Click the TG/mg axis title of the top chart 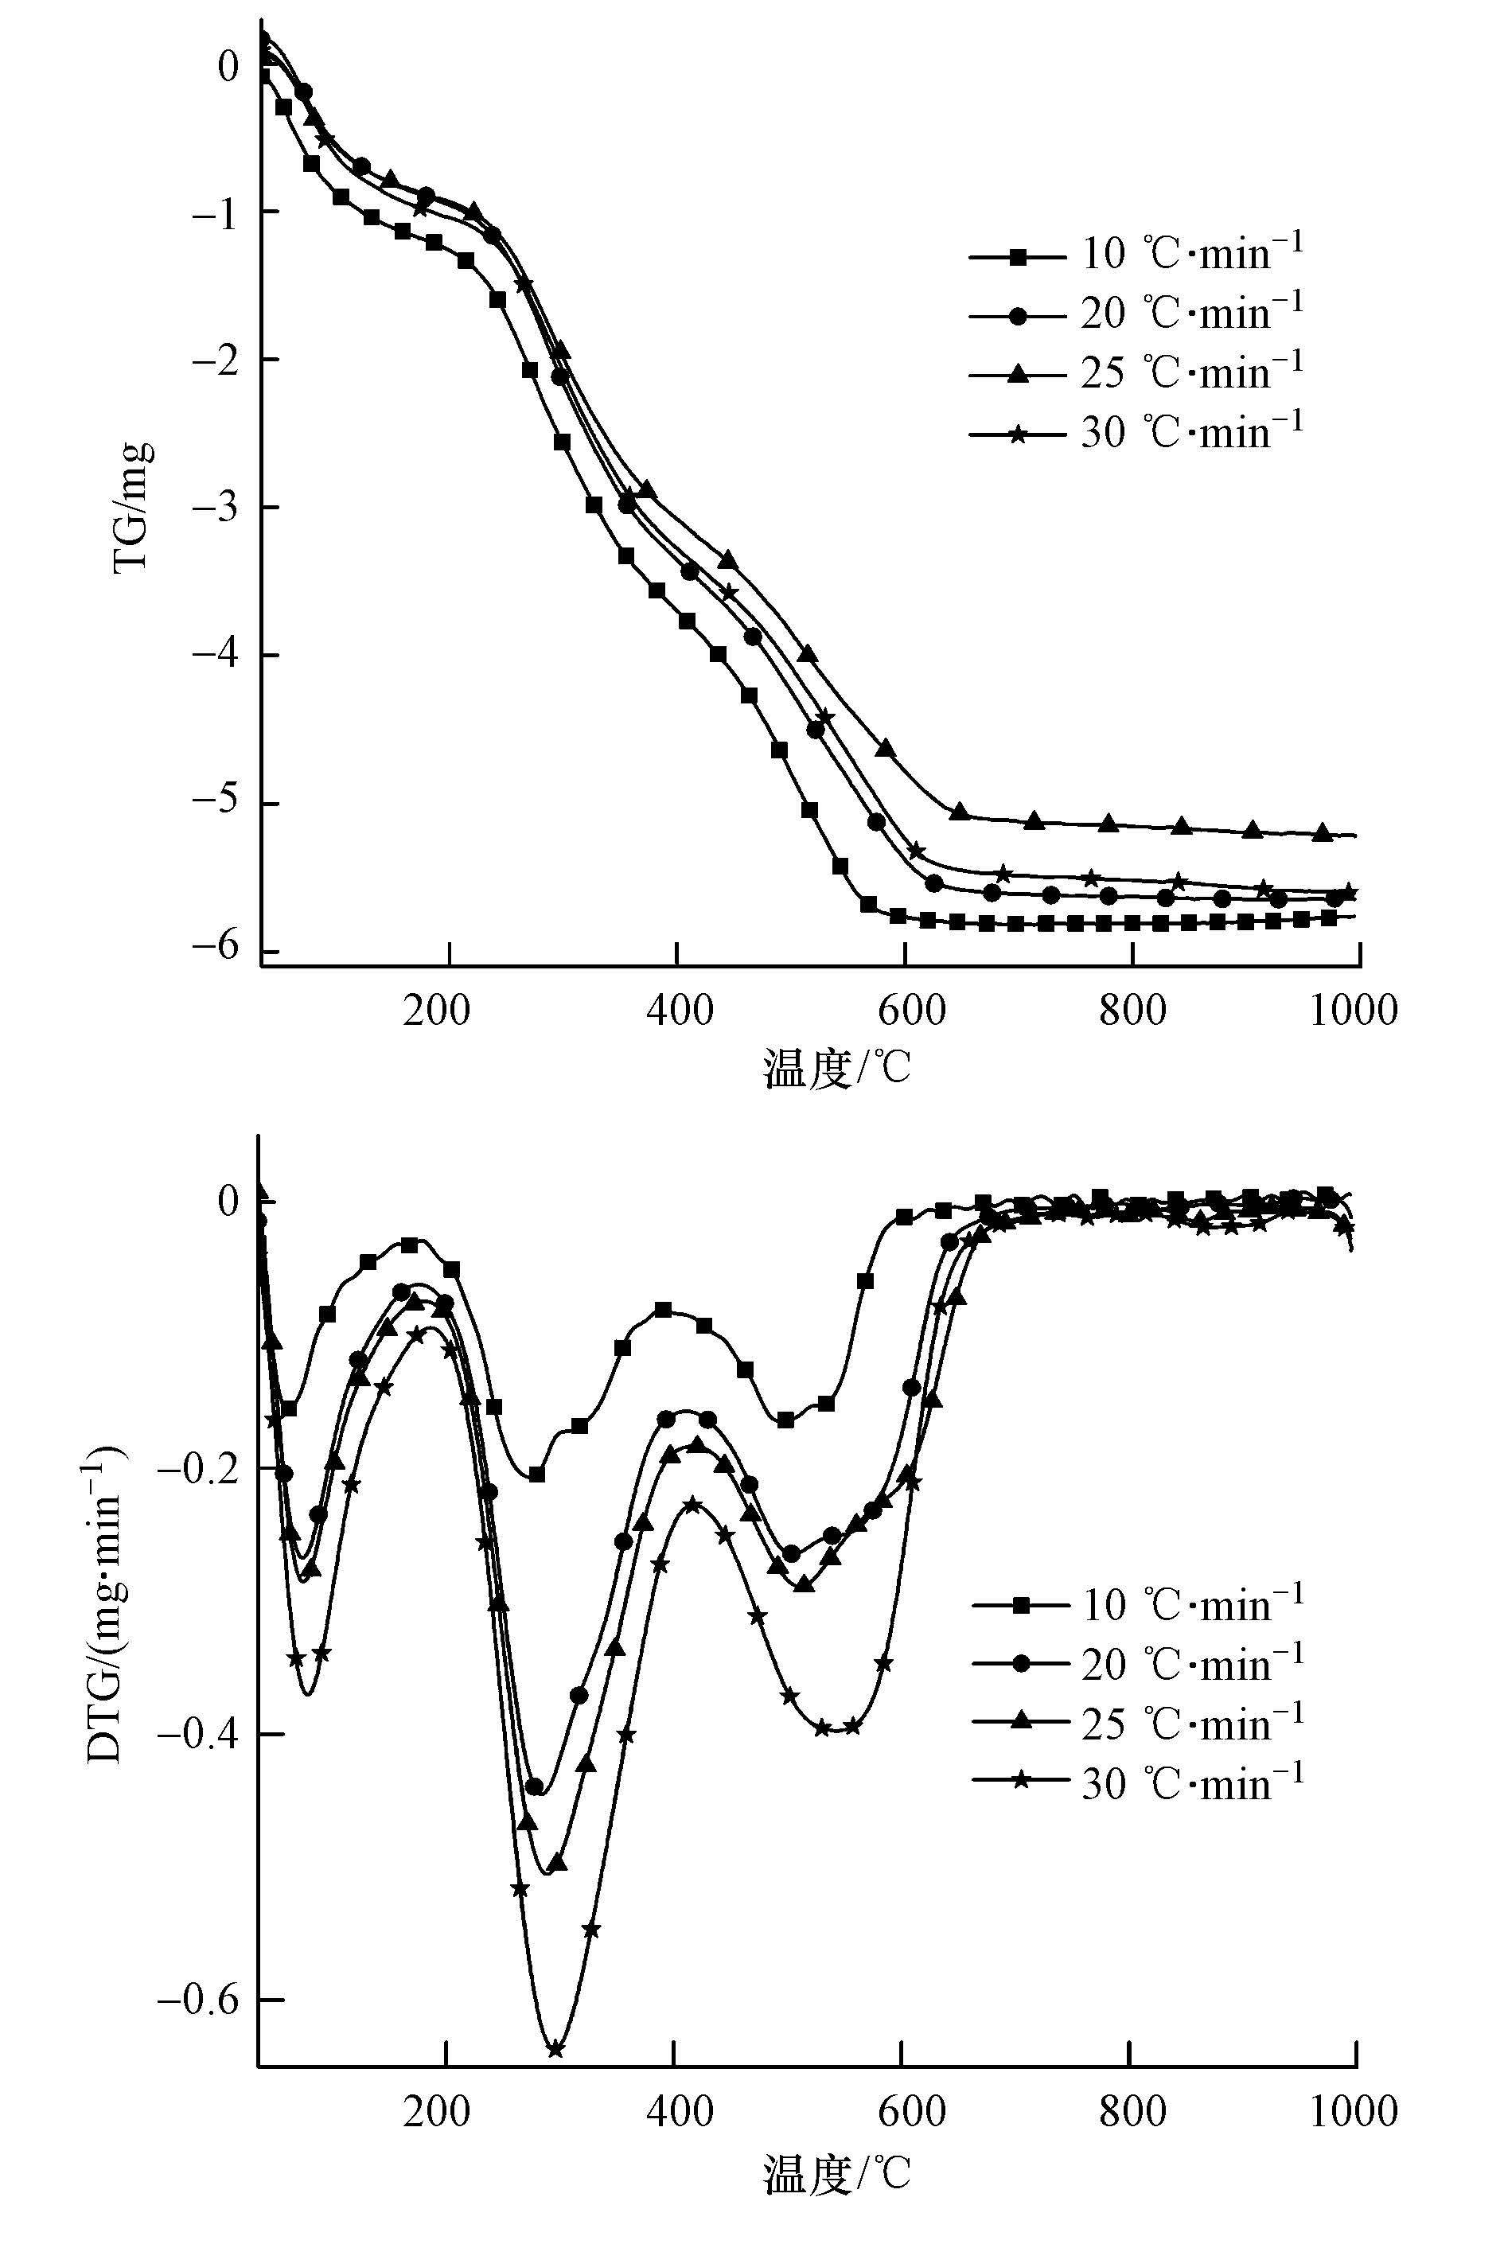131,505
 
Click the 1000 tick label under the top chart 1354,1010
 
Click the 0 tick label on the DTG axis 228,1201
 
